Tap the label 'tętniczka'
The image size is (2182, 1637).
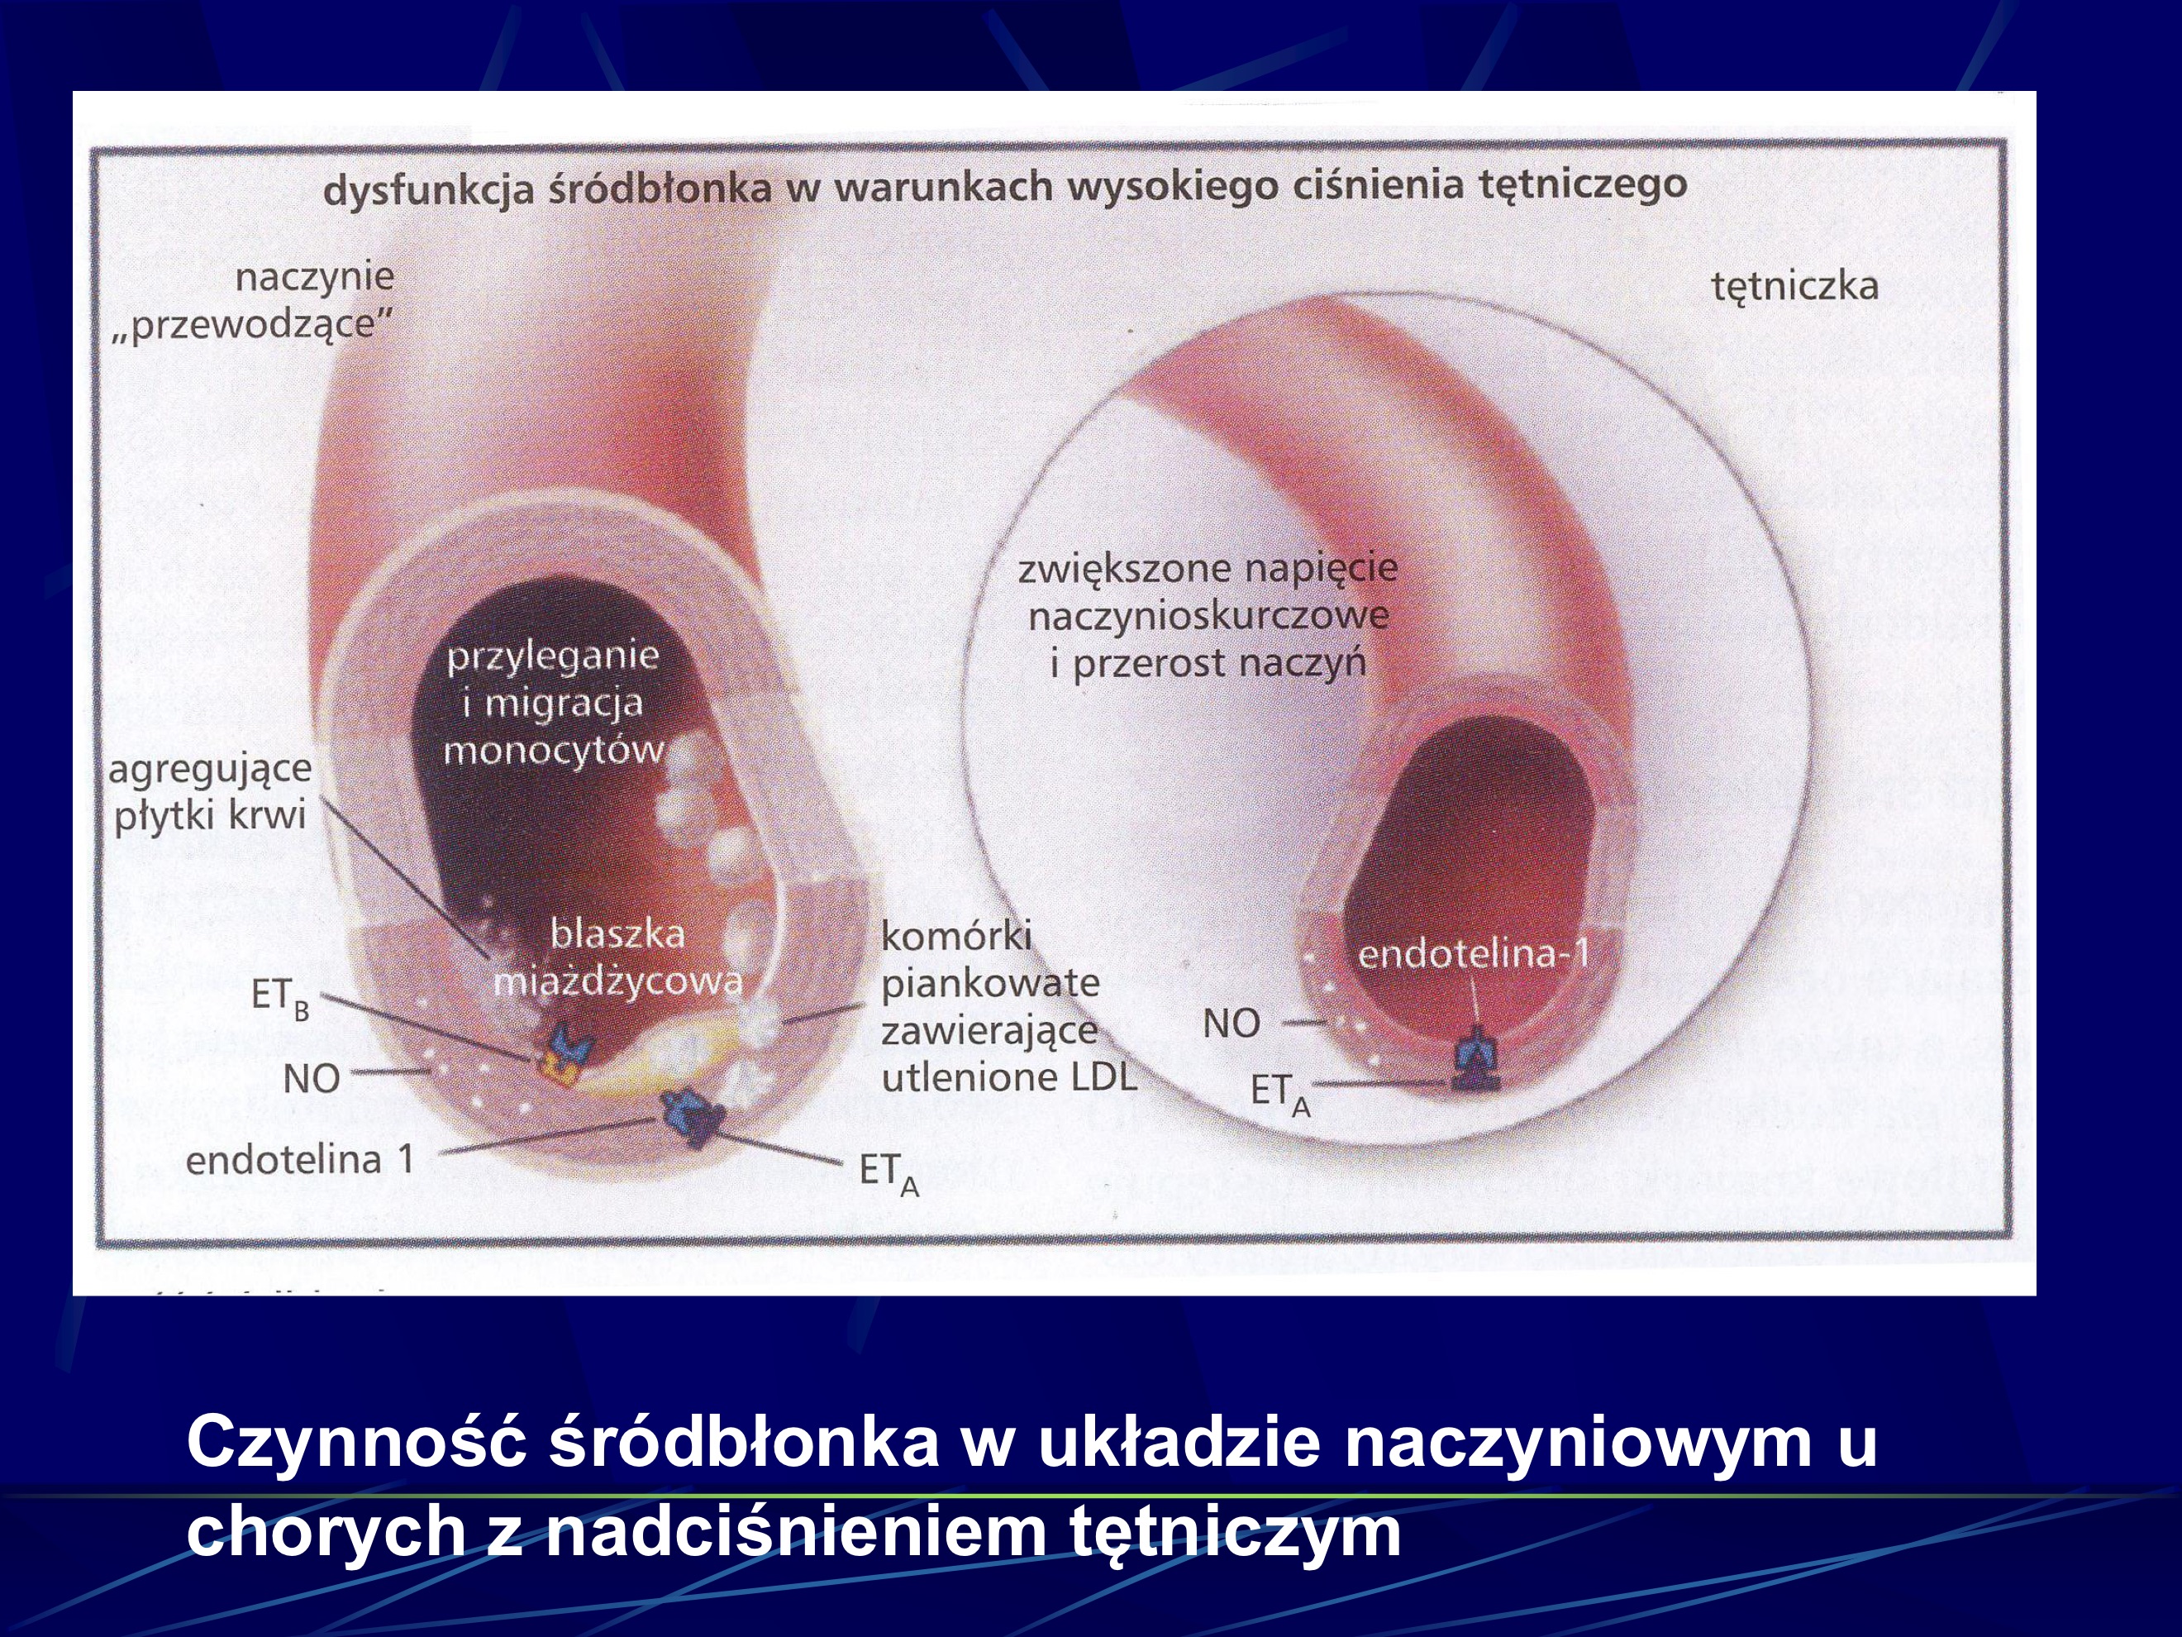[1794, 287]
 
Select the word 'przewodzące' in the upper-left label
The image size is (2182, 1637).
[253, 323]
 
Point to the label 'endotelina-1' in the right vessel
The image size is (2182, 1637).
[1474, 953]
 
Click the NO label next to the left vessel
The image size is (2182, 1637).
[311, 1078]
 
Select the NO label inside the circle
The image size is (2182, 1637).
[1231, 1024]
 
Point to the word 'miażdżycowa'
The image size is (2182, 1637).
[617, 981]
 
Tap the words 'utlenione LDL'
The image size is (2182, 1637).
[1009, 1077]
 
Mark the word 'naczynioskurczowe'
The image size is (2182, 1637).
[1208, 617]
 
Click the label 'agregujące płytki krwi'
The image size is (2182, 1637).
[209, 791]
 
